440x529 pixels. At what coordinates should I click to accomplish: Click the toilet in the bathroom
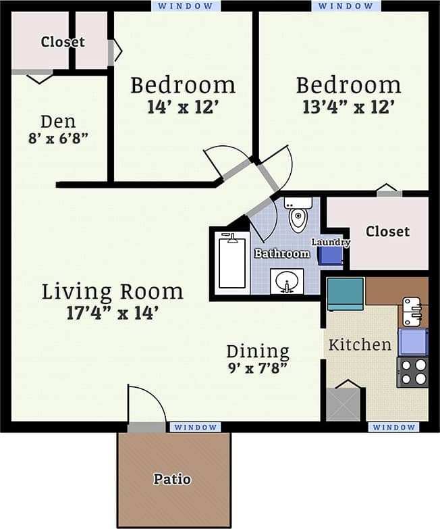coord(298,216)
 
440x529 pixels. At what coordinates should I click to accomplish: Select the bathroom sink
coord(287,280)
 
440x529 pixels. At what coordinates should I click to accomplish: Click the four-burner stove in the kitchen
coord(412,372)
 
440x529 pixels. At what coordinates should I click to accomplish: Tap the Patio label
coord(172,480)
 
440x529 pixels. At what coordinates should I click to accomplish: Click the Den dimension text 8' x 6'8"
coord(58,138)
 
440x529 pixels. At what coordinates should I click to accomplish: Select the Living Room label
coord(112,292)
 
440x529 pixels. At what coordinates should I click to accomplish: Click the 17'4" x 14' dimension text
coord(112,313)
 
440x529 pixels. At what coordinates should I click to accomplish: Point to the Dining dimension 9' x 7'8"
coord(257,368)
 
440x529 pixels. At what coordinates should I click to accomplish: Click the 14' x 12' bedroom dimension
coord(183,107)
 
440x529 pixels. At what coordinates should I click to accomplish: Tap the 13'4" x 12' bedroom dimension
coord(348,107)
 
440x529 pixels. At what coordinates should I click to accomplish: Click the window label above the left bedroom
coord(186,5)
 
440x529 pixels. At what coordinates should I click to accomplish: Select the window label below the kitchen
coord(393,427)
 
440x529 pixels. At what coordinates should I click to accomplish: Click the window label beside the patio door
coord(195,427)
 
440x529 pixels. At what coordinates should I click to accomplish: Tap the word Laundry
coord(330,242)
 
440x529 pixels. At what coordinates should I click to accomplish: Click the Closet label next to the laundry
coord(387,232)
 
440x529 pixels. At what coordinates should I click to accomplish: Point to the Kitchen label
coord(360,345)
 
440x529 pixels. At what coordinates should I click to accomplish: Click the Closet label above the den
coord(63,42)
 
